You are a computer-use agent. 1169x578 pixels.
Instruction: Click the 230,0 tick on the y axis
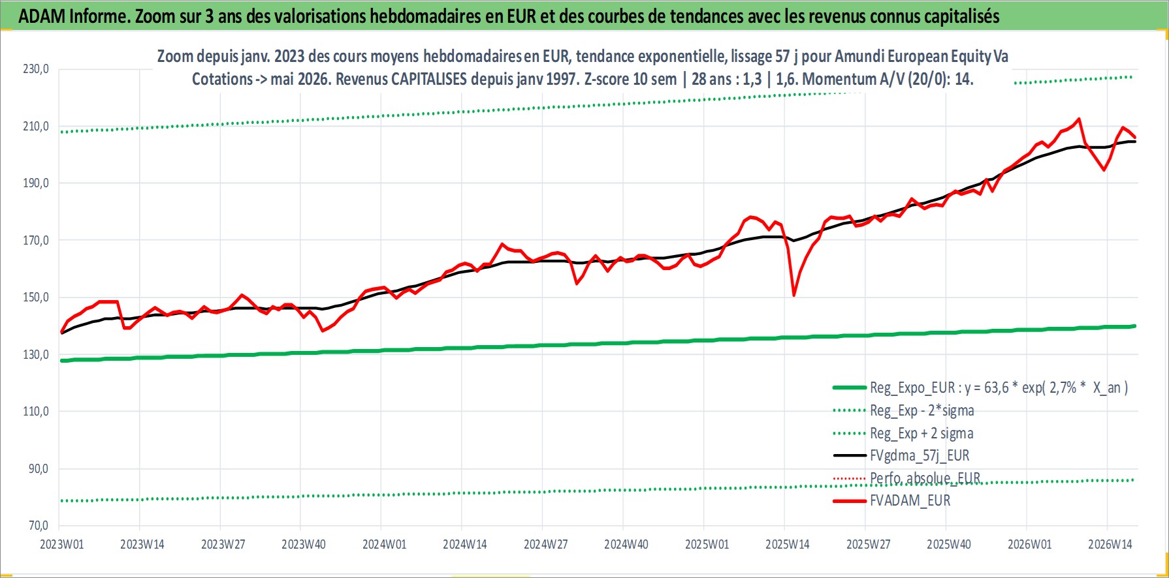tap(36, 69)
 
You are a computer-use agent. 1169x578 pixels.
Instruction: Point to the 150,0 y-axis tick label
tap(36, 297)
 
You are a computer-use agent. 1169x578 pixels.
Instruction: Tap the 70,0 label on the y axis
tap(38, 526)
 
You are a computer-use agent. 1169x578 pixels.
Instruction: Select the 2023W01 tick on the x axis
tap(62, 545)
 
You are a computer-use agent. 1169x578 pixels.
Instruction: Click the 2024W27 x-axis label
tap(546, 545)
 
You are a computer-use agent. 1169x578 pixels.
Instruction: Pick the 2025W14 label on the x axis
tap(788, 545)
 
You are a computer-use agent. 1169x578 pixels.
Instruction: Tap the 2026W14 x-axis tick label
tap(1110, 545)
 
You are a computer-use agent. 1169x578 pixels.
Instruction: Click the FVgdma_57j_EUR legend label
tap(920, 455)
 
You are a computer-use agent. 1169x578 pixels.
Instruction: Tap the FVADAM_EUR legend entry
tap(910, 500)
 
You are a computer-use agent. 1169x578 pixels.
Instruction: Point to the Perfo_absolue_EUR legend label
tap(925, 478)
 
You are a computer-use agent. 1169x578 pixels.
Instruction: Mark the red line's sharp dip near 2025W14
tap(793, 295)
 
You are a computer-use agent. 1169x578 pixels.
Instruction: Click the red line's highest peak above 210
tap(1078, 119)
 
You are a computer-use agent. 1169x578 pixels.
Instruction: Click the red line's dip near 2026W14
tap(1104, 170)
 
